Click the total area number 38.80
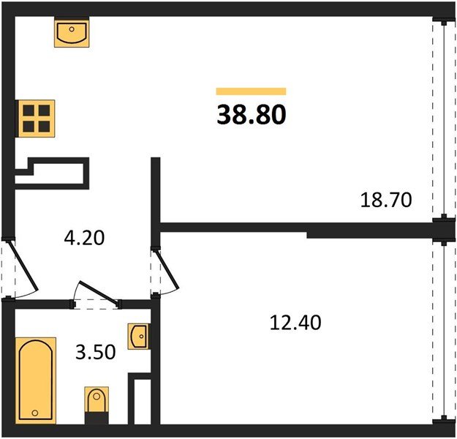[252, 114]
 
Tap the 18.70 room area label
[386, 200]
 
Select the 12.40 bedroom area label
[295, 323]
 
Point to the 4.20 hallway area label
[84, 238]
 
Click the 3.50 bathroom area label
[96, 352]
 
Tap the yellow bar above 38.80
[252, 91]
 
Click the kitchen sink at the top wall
[72, 32]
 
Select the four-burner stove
[37, 119]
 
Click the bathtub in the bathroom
[36, 380]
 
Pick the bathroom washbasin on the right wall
[140, 336]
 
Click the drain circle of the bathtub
[35, 413]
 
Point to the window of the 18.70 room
[444, 119]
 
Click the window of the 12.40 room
[444, 331]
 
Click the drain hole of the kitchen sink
[72, 29]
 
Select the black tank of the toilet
[97, 418]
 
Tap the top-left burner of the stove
[29, 110]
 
